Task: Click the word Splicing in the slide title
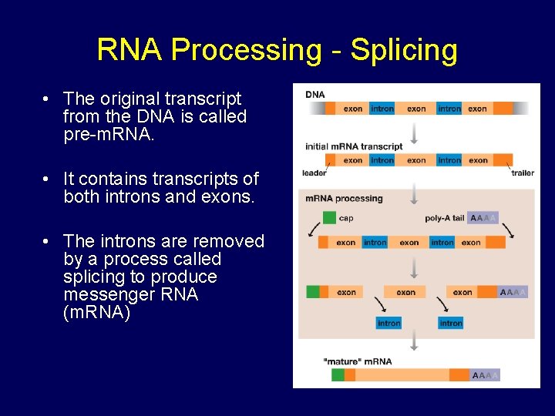pyautogui.click(x=403, y=50)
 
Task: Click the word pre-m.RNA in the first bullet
pyautogui.click(x=103, y=135)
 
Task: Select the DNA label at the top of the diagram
pyautogui.click(x=315, y=95)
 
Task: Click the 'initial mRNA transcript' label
pyautogui.click(x=354, y=146)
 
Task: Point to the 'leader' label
pyautogui.click(x=314, y=173)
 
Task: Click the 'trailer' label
pyautogui.click(x=522, y=173)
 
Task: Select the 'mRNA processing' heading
pyautogui.click(x=344, y=199)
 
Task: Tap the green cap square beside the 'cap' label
pyautogui.click(x=329, y=218)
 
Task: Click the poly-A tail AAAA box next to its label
pyautogui.click(x=483, y=218)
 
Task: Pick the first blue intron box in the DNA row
pyautogui.click(x=382, y=109)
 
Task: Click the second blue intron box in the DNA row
pyautogui.click(x=449, y=109)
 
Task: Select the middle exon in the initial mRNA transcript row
pyautogui.click(x=416, y=160)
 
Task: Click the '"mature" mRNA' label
pyautogui.click(x=357, y=361)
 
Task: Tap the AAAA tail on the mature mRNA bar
pyautogui.click(x=485, y=375)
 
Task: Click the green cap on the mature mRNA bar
pyautogui.click(x=338, y=375)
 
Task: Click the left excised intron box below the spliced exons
pyautogui.click(x=388, y=323)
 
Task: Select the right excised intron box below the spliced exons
pyautogui.click(x=450, y=323)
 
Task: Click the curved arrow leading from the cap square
pyautogui.click(x=314, y=229)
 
